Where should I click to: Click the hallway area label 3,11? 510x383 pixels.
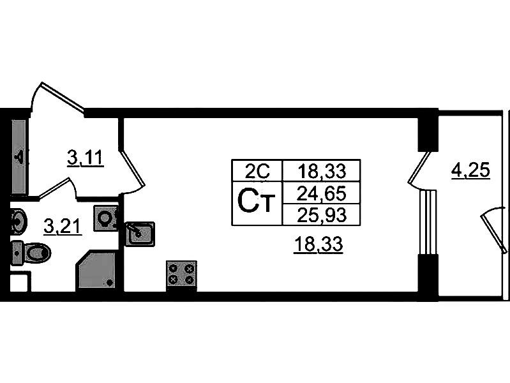[x=86, y=158]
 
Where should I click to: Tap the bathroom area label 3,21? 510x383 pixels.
[x=63, y=226]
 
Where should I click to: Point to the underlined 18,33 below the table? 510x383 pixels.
[x=318, y=244]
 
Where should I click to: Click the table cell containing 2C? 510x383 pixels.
[x=257, y=170]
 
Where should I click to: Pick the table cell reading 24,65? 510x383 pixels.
[x=321, y=193]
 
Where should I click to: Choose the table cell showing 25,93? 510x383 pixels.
[x=321, y=214]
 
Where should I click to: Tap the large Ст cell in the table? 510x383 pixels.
[x=257, y=203]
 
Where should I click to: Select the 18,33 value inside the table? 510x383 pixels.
[x=321, y=170]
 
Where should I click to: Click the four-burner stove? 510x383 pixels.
[x=181, y=275]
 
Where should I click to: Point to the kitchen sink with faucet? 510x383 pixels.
[x=140, y=234]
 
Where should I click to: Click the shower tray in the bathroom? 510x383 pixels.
[x=96, y=270]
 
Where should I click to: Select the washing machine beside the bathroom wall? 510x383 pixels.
[x=106, y=218]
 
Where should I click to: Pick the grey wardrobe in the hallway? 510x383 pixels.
[x=19, y=157]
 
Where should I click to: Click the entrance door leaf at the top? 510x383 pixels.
[x=63, y=96]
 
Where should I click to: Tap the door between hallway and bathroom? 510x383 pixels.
[x=54, y=188]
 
